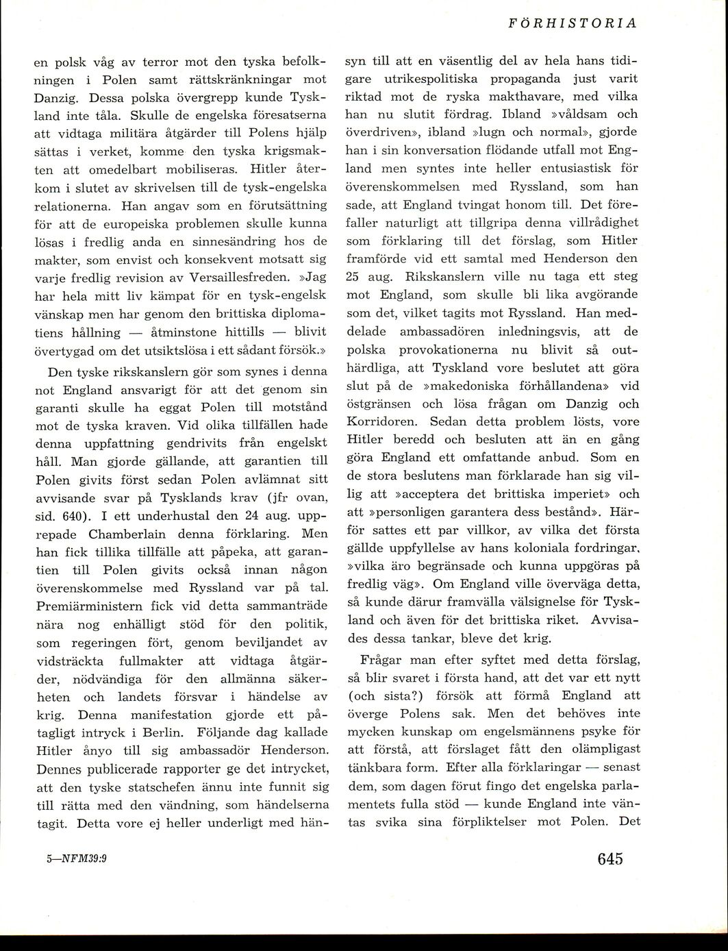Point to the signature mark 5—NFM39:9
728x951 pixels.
(x=75, y=859)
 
